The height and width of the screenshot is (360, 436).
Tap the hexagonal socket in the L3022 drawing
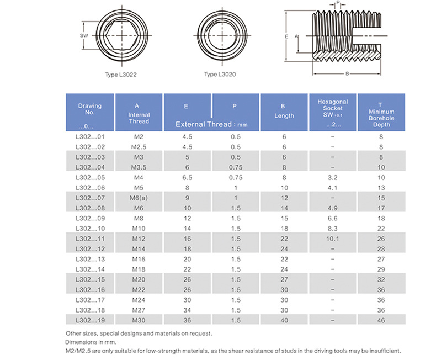coord(121,36)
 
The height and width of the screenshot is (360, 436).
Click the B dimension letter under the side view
coord(347,73)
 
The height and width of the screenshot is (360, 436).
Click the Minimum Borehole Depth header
coord(380,114)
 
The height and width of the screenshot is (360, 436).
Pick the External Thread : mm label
coord(211,124)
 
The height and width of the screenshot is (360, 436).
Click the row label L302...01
coord(89,136)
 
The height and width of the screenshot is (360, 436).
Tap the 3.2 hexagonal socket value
coord(332,178)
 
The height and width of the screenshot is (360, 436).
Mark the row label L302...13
coord(89,260)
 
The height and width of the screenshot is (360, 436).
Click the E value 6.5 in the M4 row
coord(187,178)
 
